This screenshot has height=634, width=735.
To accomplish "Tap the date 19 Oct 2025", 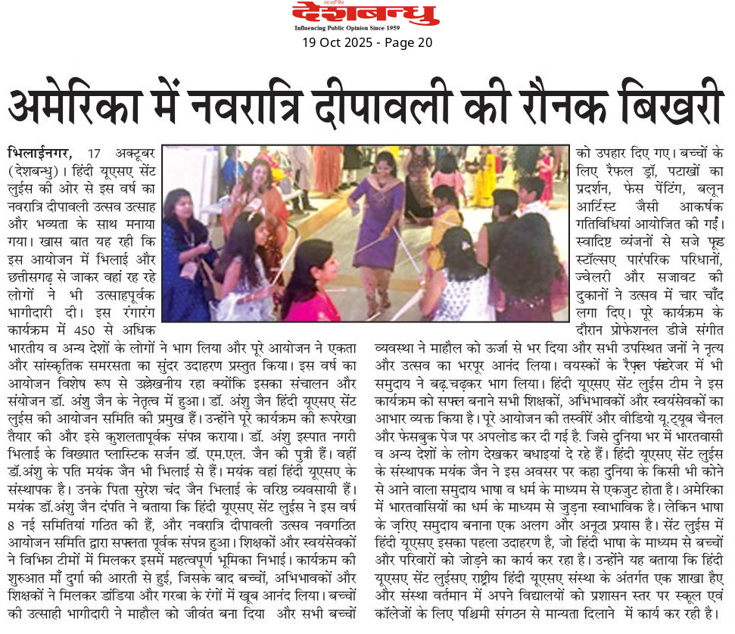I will pyautogui.click(x=337, y=43).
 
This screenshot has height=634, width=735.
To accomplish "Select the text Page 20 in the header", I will pyautogui.click(x=408, y=43).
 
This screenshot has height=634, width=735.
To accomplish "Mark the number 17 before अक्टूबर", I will pyautogui.click(x=94, y=152).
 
